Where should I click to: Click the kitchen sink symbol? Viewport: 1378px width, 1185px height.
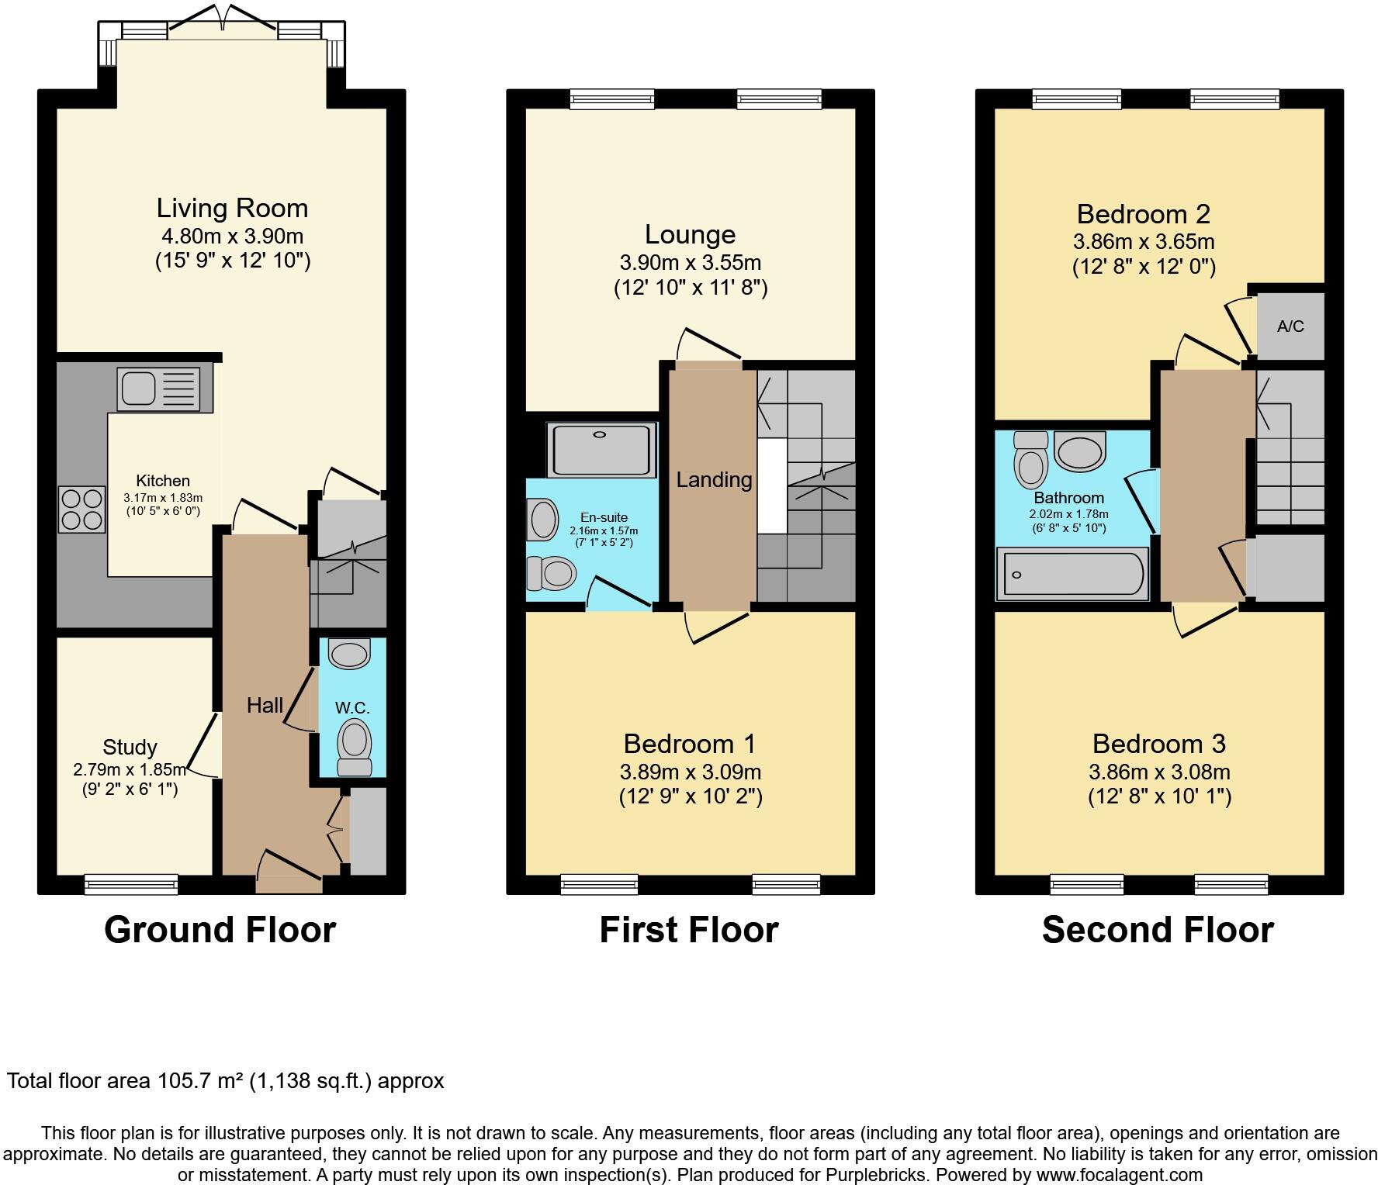158,389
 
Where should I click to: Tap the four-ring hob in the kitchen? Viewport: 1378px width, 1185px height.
81,509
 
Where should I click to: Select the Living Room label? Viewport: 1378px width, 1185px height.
232,208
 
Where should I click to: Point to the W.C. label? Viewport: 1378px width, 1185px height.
351,707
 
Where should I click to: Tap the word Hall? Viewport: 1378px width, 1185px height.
265,705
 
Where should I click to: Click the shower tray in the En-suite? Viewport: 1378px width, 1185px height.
601,450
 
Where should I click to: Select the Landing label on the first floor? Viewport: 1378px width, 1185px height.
713,479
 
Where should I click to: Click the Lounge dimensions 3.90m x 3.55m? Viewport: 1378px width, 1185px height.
690,262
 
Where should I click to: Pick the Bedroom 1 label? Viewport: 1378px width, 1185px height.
689,744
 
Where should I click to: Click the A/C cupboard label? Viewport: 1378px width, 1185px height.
1290,326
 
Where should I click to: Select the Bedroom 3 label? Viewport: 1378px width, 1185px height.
1158,744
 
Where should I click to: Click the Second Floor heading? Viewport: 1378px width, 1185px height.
1158,929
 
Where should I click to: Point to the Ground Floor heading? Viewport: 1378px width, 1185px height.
220,929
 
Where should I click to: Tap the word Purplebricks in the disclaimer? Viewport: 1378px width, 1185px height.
877,1176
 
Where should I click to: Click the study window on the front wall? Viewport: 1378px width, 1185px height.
131,884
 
